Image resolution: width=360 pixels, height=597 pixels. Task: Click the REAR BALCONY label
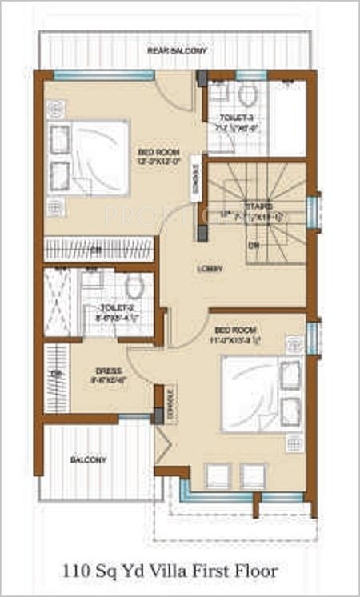(177, 50)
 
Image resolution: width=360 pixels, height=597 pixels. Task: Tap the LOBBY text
(210, 268)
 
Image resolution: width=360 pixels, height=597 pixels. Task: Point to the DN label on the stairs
(253, 245)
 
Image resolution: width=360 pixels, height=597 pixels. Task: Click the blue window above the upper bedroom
(104, 74)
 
